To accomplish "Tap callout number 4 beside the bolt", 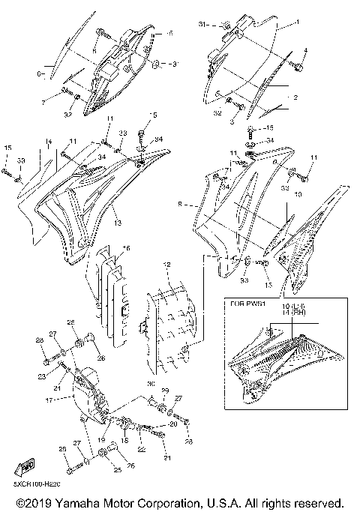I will coord(305,50).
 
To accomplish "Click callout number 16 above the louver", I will coord(126,247).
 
